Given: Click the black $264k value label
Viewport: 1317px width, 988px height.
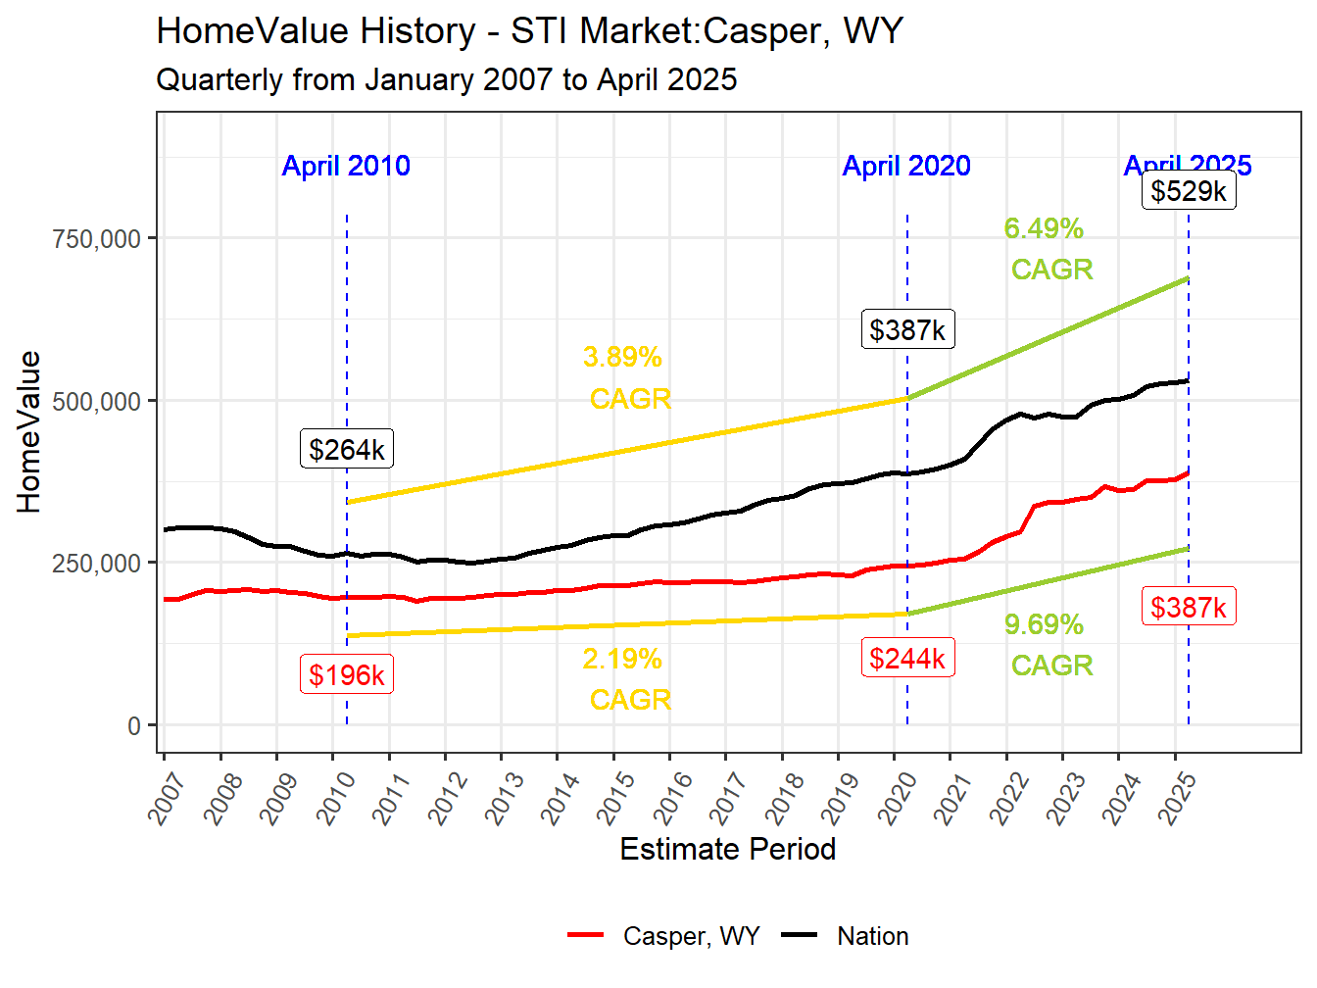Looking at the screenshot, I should point(347,449).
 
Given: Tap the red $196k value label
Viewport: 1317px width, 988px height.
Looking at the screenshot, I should point(347,674).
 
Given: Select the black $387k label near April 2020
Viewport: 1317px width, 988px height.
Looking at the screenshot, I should point(907,329).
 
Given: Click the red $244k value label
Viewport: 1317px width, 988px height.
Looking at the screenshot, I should point(907,658).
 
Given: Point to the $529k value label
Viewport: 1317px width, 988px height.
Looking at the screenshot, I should point(1189,190).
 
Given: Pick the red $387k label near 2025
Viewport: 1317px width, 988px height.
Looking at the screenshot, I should point(1189,607).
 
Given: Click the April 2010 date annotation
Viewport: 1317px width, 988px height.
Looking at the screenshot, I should point(346,166).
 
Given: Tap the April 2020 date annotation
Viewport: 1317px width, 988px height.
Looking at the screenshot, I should point(906,166).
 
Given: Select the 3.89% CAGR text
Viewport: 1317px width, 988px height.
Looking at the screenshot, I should point(627,377).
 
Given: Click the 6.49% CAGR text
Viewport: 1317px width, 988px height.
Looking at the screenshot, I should point(1048,249).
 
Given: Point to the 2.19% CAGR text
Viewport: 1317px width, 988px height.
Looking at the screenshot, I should point(627,679).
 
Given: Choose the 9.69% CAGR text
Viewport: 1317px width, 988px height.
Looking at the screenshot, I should point(1048,645).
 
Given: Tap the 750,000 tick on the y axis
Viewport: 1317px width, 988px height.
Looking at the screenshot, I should point(96,238).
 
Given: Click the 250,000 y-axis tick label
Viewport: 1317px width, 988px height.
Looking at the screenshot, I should point(96,564).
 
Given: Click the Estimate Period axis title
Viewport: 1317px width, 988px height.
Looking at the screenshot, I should point(728,849).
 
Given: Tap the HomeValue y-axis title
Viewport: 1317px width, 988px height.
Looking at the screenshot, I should point(29,432).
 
